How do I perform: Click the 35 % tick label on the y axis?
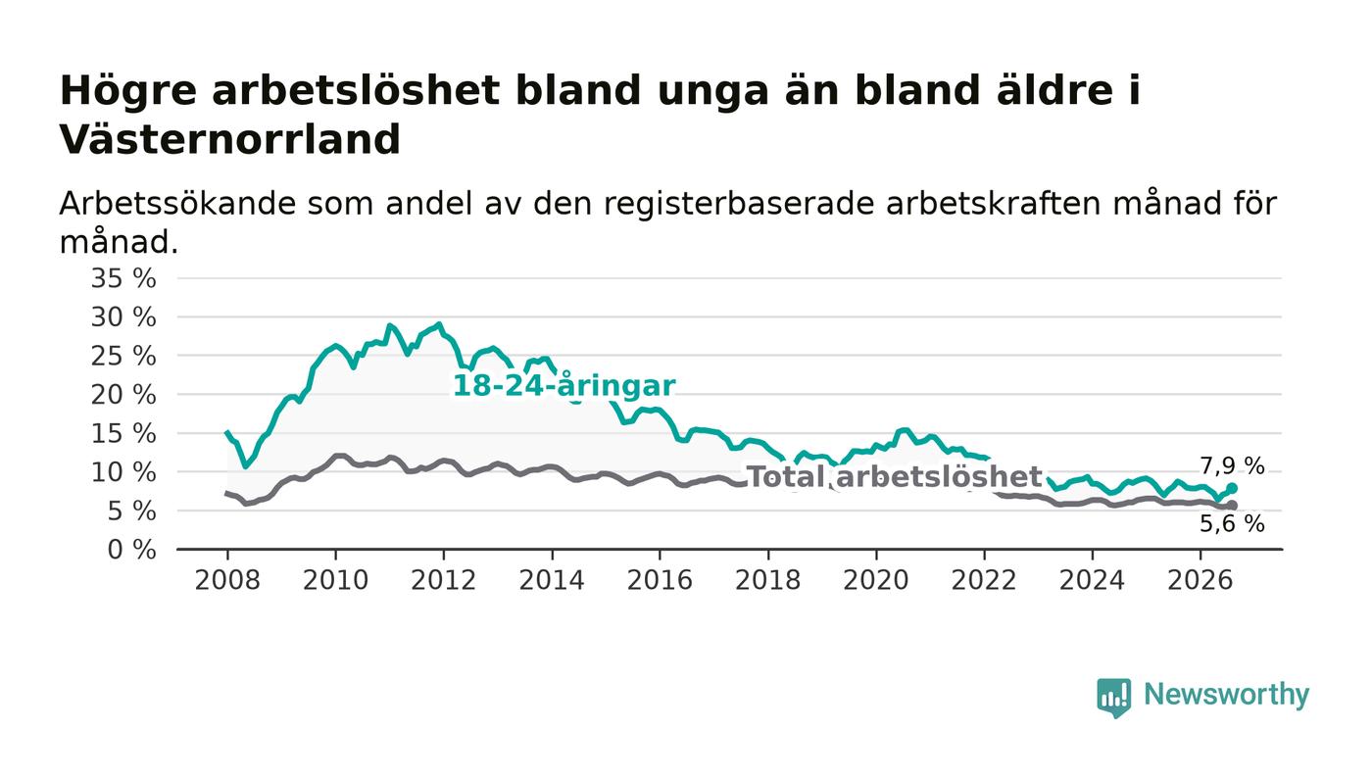pyautogui.click(x=123, y=278)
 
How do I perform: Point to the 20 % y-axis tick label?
pyautogui.click(x=123, y=395)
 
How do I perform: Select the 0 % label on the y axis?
pyautogui.click(x=131, y=550)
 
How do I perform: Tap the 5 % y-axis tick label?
pyautogui.click(x=131, y=511)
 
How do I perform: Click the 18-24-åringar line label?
pyautogui.click(x=563, y=386)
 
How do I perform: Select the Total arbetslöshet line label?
pyautogui.click(x=895, y=476)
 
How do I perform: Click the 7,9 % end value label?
pyautogui.click(x=1232, y=466)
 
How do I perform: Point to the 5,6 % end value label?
pyautogui.click(x=1232, y=524)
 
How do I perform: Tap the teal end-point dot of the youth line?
pyautogui.click(x=1233, y=488)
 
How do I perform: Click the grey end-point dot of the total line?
pyautogui.click(x=1233, y=506)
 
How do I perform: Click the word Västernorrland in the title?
pyautogui.click(x=229, y=140)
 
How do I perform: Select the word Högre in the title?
pyautogui.click(x=128, y=92)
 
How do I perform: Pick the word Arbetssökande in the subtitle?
pyautogui.click(x=177, y=204)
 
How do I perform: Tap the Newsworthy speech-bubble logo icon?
pyautogui.click(x=1114, y=698)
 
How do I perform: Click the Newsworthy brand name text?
pyautogui.click(x=1226, y=696)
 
